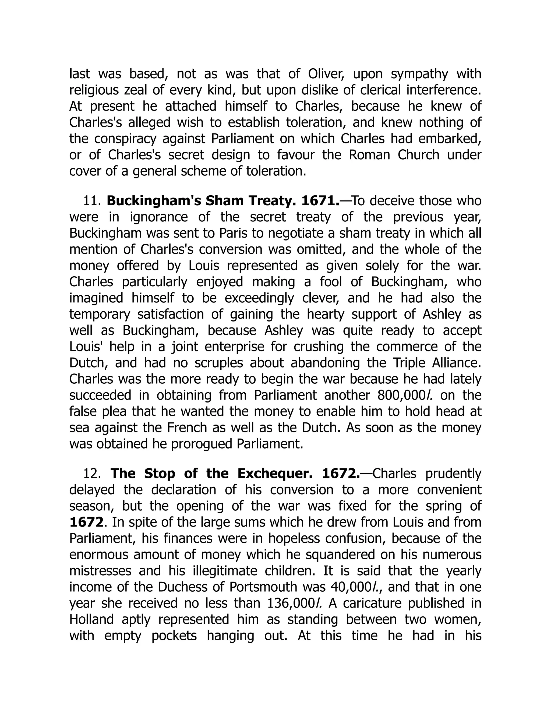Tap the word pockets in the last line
(x=174, y=636)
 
